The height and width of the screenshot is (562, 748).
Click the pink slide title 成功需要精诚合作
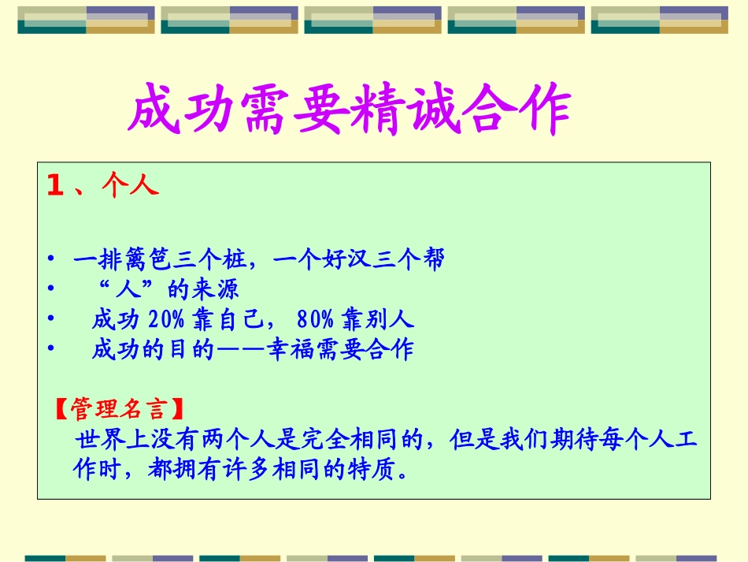(348, 110)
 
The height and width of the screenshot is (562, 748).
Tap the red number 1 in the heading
(54, 186)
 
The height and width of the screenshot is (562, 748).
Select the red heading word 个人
(130, 186)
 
